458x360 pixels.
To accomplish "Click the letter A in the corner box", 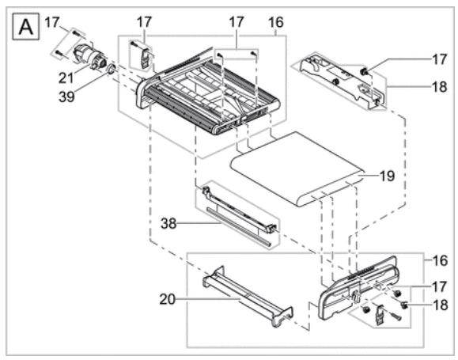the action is click(x=25, y=27).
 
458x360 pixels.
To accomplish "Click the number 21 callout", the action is click(x=66, y=78).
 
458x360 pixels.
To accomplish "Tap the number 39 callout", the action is click(x=66, y=97).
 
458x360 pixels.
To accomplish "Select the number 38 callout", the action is click(x=168, y=224).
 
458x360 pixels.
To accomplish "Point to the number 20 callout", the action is click(x=168, y=299).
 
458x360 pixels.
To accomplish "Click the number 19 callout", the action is click(x=387, y=176).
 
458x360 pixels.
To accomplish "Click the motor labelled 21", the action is click(x=88, y=56).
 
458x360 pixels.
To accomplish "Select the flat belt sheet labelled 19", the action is click(x=297, y=169).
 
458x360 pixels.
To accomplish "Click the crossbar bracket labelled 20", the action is click(x=248, y=296).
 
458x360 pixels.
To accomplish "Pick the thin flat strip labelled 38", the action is click(x=239, y=227).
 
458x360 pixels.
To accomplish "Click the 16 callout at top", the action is click(x=276, y=22).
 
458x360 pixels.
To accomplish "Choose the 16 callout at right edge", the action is click(x=440, y=260).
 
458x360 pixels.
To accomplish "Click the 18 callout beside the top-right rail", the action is click(x=439, y=87).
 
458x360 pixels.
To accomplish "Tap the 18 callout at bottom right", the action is click(x=440, y=305).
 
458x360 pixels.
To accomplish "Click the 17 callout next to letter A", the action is click(x=52, y=22).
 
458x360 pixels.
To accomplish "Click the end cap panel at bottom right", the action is click(x=358, y=288).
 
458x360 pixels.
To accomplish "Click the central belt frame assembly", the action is click(x=207, y=93).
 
